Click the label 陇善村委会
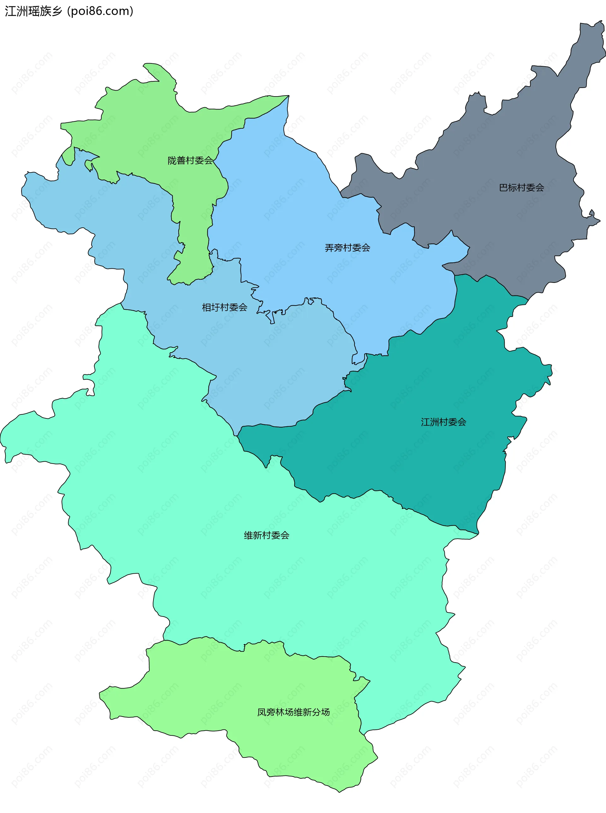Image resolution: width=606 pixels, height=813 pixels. click(190, 161)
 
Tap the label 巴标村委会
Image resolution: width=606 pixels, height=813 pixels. click(521, 188)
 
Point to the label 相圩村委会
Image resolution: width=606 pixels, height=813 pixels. click(224, 307)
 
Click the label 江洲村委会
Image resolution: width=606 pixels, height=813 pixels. click(443, 422)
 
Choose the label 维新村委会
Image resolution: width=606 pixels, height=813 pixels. click(266, 535)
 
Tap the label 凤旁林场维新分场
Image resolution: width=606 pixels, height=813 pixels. click(293, 712)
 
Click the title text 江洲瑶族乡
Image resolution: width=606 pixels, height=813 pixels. click(33, 11)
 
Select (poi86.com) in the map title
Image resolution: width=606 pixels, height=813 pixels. click(100, 11)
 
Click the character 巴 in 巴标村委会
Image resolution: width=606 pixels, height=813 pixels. click(503, 188)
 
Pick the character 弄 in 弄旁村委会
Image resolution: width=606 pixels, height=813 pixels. click(329, 248)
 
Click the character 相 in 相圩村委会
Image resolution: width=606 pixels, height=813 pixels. click(206, 307)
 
